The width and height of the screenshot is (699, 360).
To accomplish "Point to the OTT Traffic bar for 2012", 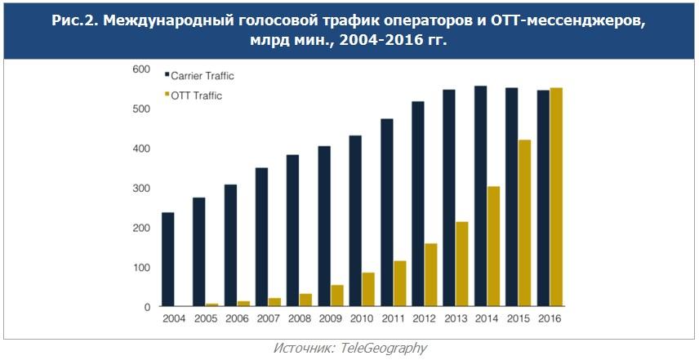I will tap(431, 275).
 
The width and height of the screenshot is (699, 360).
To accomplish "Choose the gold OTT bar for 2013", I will tap(462, 264).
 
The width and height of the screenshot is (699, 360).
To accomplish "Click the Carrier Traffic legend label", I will tap(203, 76).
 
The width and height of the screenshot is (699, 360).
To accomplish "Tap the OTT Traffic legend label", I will tap(196, 96).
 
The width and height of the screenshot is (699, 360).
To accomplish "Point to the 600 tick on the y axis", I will tap(140, 69).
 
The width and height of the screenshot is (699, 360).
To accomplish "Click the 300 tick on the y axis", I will tap(140, 189).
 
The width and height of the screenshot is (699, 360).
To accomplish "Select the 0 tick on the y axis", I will tap(146, 307).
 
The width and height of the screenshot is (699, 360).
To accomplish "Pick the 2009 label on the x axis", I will tap(330, 319).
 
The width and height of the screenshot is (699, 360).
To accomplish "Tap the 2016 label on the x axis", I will tap(550, 319).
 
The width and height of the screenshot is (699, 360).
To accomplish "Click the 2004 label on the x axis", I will tap(174, 319).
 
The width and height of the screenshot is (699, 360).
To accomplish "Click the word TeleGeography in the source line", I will tap(383, 348).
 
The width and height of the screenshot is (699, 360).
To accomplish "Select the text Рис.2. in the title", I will tap(74, 22).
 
